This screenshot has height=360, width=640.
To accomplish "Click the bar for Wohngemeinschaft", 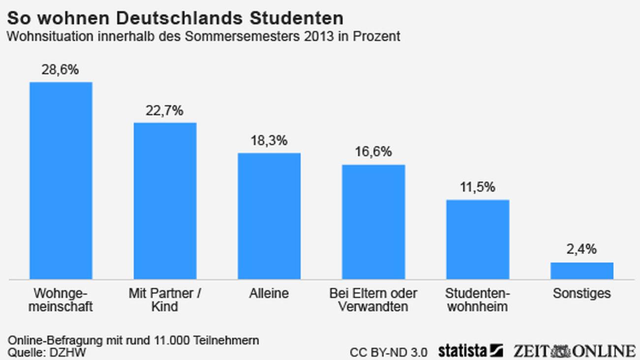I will pos(61,180).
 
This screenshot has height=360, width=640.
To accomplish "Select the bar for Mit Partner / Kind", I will pos(165,200).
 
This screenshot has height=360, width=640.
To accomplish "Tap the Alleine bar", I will pos(269,216).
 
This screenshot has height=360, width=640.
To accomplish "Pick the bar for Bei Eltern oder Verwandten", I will pos(374,222).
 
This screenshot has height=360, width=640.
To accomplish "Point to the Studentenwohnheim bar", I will pos(478,239).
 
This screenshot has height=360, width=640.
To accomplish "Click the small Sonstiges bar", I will pos(582,271).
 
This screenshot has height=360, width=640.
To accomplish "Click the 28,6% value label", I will pos(60,70).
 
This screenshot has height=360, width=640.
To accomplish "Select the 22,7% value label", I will pos(164,111).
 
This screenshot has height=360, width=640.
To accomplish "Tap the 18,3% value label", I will pos(269,141).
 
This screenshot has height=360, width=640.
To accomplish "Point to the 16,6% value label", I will pos(373,152).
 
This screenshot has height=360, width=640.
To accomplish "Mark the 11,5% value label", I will pos(477,188).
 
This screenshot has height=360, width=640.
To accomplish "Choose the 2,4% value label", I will pos(581,250).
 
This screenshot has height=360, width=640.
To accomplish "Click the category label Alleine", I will pos(269,294).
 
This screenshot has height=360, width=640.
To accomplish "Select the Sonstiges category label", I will pos(581,294).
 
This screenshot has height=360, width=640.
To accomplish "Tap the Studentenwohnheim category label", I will pos(478,299).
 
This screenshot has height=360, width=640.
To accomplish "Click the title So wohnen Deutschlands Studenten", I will pos(175,19).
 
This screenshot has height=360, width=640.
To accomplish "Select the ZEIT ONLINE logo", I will pos(574,351).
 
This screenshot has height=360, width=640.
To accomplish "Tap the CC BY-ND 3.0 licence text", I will pos(389,352).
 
